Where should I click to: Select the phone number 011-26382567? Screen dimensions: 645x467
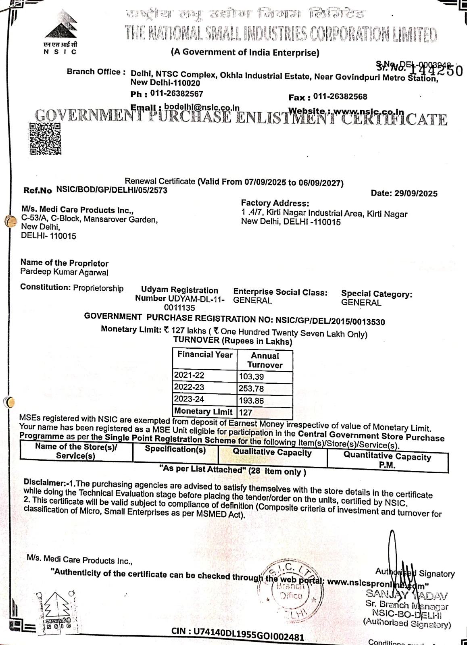177,94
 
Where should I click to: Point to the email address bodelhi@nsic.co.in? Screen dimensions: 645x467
202,108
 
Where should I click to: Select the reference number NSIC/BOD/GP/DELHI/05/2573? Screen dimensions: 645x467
112,190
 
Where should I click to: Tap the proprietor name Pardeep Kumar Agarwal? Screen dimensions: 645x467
65,272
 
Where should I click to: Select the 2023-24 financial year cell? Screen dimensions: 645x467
189,399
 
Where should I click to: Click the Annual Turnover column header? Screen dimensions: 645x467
265,360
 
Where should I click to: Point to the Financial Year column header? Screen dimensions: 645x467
205,355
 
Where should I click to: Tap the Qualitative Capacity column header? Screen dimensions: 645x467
272,453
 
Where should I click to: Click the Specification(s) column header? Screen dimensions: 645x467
175,449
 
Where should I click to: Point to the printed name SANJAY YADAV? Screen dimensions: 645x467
407,594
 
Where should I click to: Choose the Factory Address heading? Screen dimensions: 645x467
275,203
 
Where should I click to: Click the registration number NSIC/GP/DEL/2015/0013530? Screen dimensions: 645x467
330,321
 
